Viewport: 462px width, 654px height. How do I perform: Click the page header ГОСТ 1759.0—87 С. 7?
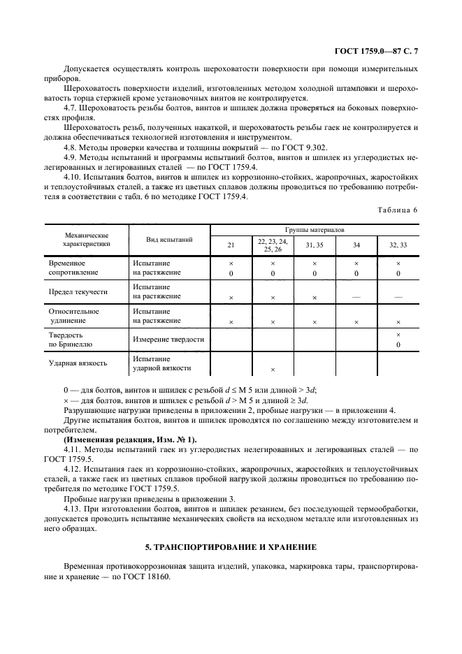click(375, 51)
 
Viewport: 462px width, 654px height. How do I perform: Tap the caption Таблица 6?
click(397, 210)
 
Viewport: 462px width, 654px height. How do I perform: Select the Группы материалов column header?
click(314, 229)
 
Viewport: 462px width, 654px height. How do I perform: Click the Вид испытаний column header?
click(168, 240)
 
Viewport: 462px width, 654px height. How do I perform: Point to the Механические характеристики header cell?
click(86, 240)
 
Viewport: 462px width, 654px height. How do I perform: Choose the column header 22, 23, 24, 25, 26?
click(273, 245)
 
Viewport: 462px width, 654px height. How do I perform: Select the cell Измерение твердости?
click(168, 340)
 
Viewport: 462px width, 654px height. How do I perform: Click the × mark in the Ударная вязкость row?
click(273, 370)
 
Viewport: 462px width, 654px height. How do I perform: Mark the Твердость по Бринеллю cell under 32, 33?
click(398, 340)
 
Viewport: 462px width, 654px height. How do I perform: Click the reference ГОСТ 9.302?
click(303, 147)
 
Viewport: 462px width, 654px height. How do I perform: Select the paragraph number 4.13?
click(72, 509)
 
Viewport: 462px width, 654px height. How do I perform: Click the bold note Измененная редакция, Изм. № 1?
click(130, 439)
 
